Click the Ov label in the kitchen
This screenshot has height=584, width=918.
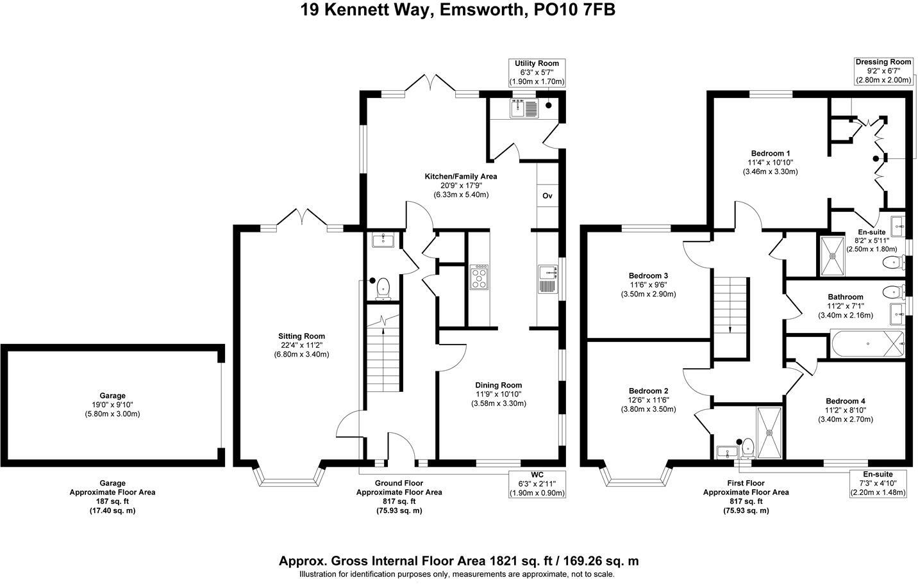point(547,195)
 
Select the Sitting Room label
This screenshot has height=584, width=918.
point(302,336)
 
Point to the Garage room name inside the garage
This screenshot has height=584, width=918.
point(112,396)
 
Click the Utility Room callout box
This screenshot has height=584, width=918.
point(537,72)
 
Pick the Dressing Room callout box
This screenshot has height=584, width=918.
point(883,71)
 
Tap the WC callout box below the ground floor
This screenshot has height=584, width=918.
point(537,483)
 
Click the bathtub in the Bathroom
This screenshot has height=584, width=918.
point(867,344)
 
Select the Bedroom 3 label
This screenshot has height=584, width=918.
point(648,275)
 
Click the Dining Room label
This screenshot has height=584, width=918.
point(498,385)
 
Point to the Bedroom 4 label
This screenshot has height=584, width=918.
point(846,401)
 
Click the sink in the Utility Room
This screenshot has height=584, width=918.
point(524,108)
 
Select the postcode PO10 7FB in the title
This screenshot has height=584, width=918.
point(574,10)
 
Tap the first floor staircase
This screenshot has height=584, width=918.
point(730,318)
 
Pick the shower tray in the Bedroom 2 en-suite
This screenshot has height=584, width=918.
point(769,432)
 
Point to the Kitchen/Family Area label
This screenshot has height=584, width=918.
point(461,176)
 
